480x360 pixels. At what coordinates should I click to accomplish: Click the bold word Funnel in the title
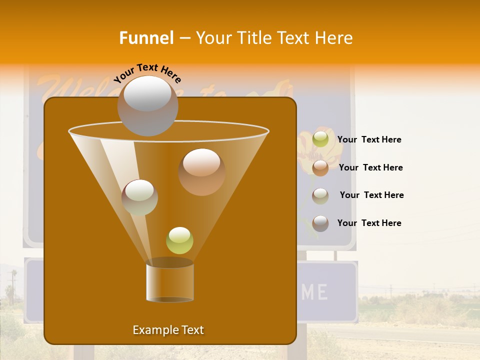coord(146,38)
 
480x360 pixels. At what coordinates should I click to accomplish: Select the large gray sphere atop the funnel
coord(147,105)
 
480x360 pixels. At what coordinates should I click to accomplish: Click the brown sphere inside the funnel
coord(201,171)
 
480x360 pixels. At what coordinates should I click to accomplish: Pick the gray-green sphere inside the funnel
coord(139,197)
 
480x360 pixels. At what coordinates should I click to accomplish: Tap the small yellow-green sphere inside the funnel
coord(179,240)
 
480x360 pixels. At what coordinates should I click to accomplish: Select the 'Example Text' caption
coord(168,330)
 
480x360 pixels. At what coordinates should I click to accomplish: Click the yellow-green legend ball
coord(320,139)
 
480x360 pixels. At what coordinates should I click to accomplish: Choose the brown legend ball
coord(320,168)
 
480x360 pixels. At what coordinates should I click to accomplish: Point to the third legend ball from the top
coord(320,196)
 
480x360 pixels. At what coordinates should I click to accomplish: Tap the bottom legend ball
coord(320,223)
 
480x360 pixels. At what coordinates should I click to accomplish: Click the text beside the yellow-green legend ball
coord(369,139)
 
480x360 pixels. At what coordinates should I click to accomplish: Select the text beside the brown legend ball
coord(370,167)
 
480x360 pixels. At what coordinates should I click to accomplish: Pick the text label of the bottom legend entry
coord(369,223)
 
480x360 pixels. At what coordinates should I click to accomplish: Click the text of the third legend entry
coord(371,195)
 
